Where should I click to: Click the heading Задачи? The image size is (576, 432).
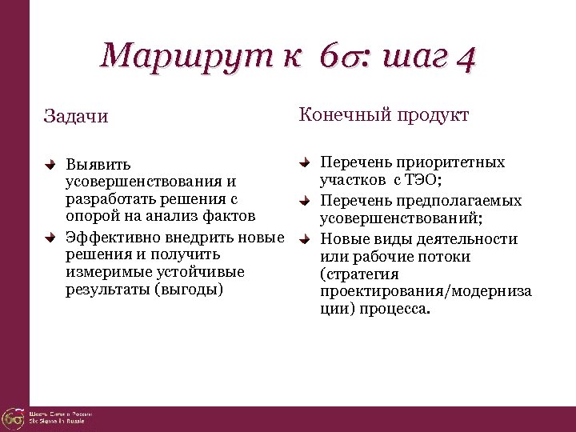tap(76, 117)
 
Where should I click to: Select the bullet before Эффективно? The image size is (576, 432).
tap(50, 237)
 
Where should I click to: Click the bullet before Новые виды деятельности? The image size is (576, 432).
tap(305, 238)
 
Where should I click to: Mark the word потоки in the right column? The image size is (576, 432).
tap(442, 257)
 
